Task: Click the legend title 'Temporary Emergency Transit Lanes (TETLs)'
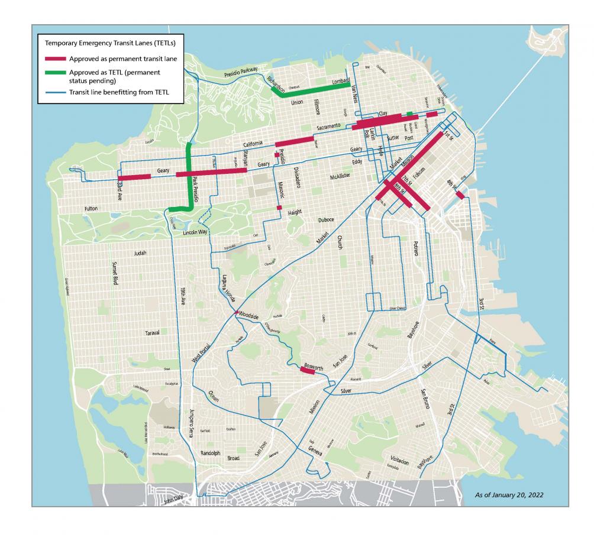coord(111,43)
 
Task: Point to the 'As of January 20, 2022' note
coord(509,494)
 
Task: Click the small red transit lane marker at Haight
coord(279,208)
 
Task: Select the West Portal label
coord(201,355)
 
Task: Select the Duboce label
coord(324,219)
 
